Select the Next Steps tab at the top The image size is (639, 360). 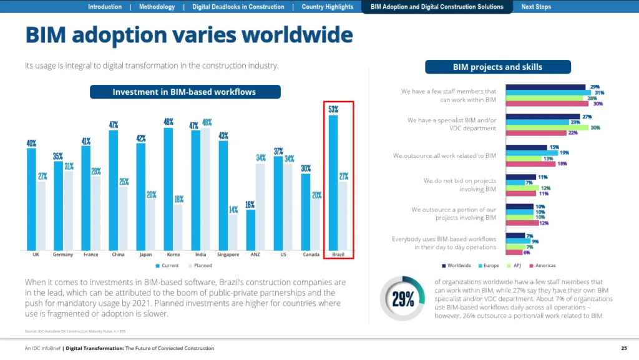[536, 7]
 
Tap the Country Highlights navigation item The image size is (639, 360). [327, 7]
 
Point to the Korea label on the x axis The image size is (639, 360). [173, 255]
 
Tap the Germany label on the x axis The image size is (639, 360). [63, 255]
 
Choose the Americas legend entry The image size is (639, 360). [544, 265]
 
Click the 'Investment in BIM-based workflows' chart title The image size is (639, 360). [185, 92]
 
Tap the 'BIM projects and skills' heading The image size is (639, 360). [497, 67]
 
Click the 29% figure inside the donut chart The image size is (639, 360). [402, 299]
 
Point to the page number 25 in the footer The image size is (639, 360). [623, 348]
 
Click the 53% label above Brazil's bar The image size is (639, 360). [334, 110]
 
